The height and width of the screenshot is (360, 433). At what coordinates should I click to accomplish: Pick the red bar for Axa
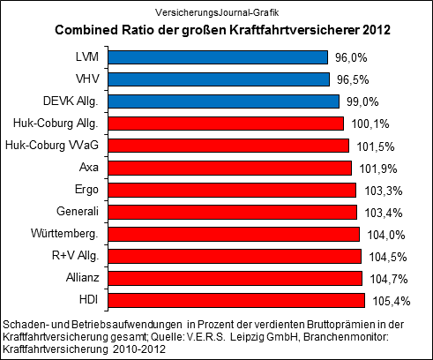pos(235,168)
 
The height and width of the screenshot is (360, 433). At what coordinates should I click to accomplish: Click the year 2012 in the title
pos(373,31)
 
